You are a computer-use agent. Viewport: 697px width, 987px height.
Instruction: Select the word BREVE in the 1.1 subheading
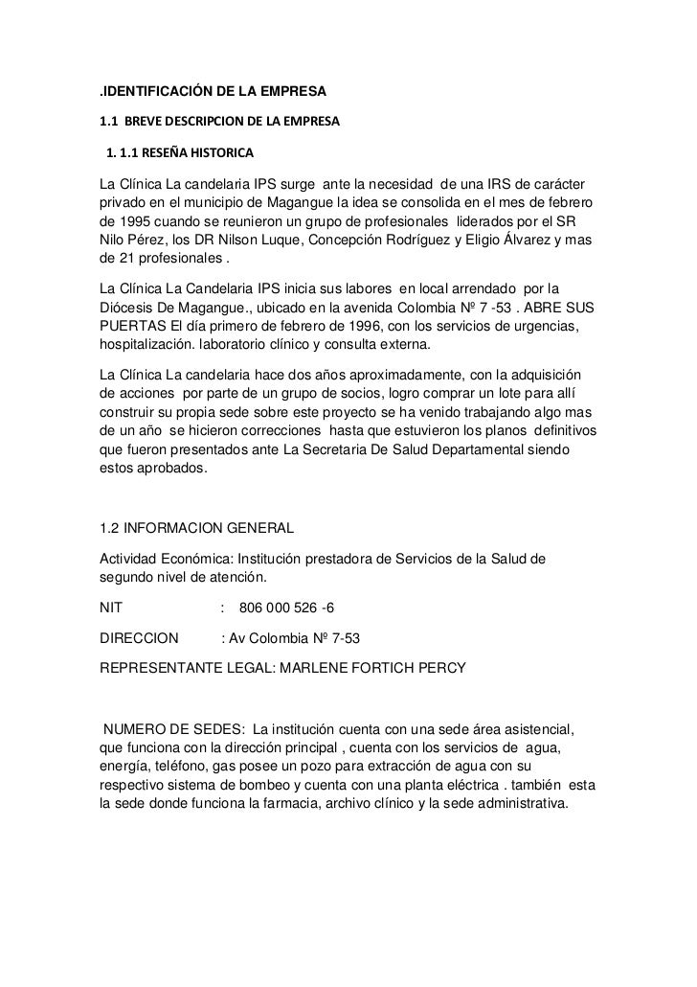[x=145, y=124]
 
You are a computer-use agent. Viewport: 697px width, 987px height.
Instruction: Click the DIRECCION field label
[x=139, y=640]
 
